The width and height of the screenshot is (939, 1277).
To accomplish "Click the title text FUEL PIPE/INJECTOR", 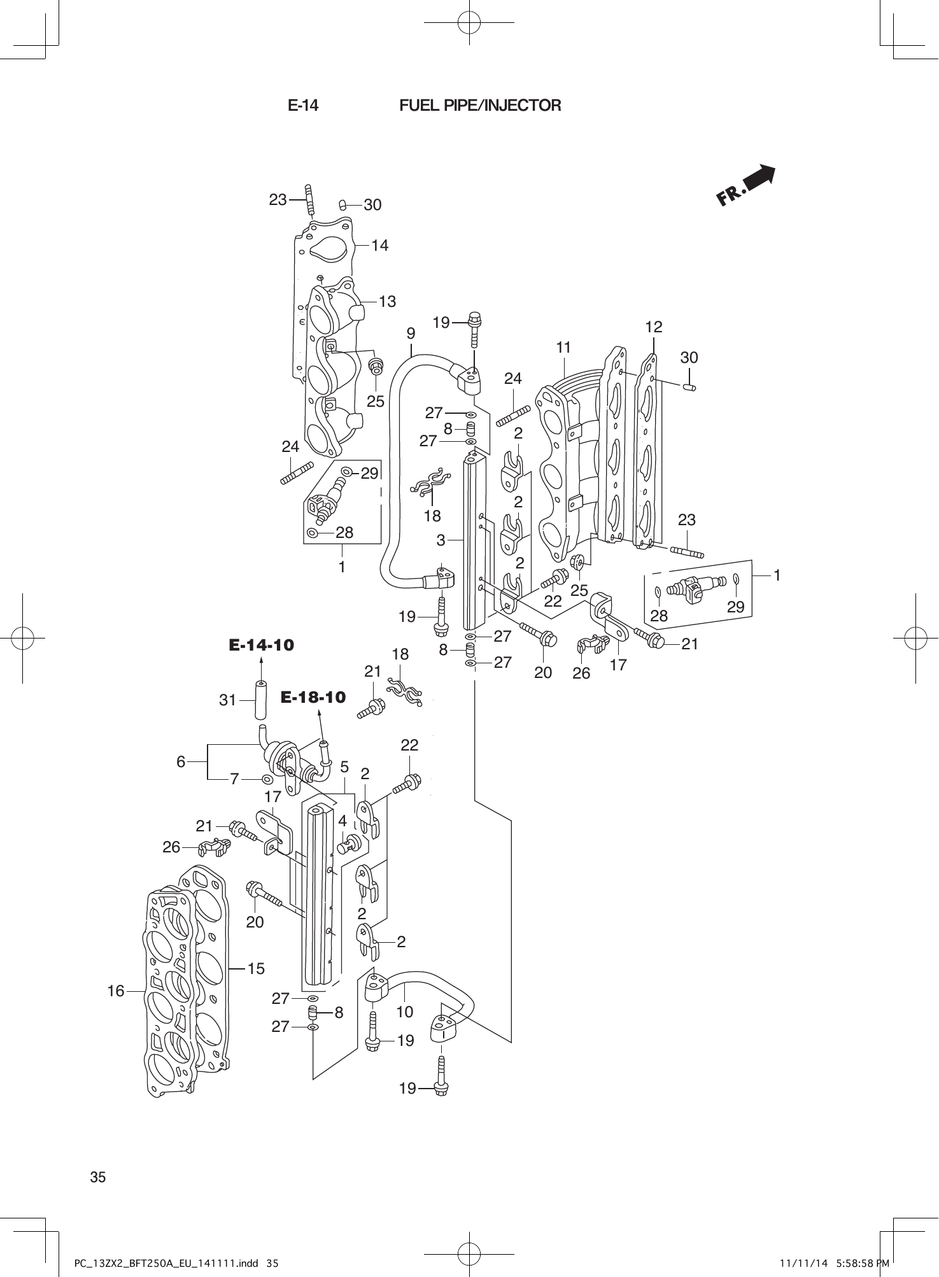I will tap(480, 106).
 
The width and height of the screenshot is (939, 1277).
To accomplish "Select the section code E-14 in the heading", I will tap(303, 106).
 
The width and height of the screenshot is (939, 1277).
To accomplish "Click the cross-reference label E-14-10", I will tap(262, 646).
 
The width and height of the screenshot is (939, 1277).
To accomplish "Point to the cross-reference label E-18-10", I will tap(313, 698).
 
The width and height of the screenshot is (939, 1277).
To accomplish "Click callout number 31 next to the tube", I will tap(228, 700).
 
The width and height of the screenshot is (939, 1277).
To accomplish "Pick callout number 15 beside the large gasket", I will tap(256, 969).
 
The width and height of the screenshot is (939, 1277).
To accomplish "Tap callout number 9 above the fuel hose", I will tap(411, 334).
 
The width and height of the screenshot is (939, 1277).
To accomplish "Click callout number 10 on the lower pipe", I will tap(405, 1012).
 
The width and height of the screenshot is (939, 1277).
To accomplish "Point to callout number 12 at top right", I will tap(654, 327).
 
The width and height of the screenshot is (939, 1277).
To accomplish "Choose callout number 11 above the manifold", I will tap(563, 348).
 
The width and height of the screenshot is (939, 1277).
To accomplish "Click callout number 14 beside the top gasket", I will tap(380, 245).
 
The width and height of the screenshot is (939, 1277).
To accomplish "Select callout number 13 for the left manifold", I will tap(387, 301).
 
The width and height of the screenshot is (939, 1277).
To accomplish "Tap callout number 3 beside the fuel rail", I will tap(441, 540).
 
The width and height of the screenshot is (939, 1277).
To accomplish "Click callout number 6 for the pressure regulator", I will tap(181, 761).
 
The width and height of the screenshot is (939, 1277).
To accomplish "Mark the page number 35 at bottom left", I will tap(98, 1178).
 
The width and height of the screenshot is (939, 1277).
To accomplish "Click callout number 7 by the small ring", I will tap(234, 779).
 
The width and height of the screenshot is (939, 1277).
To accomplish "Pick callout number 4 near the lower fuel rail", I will tap(342, 821).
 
